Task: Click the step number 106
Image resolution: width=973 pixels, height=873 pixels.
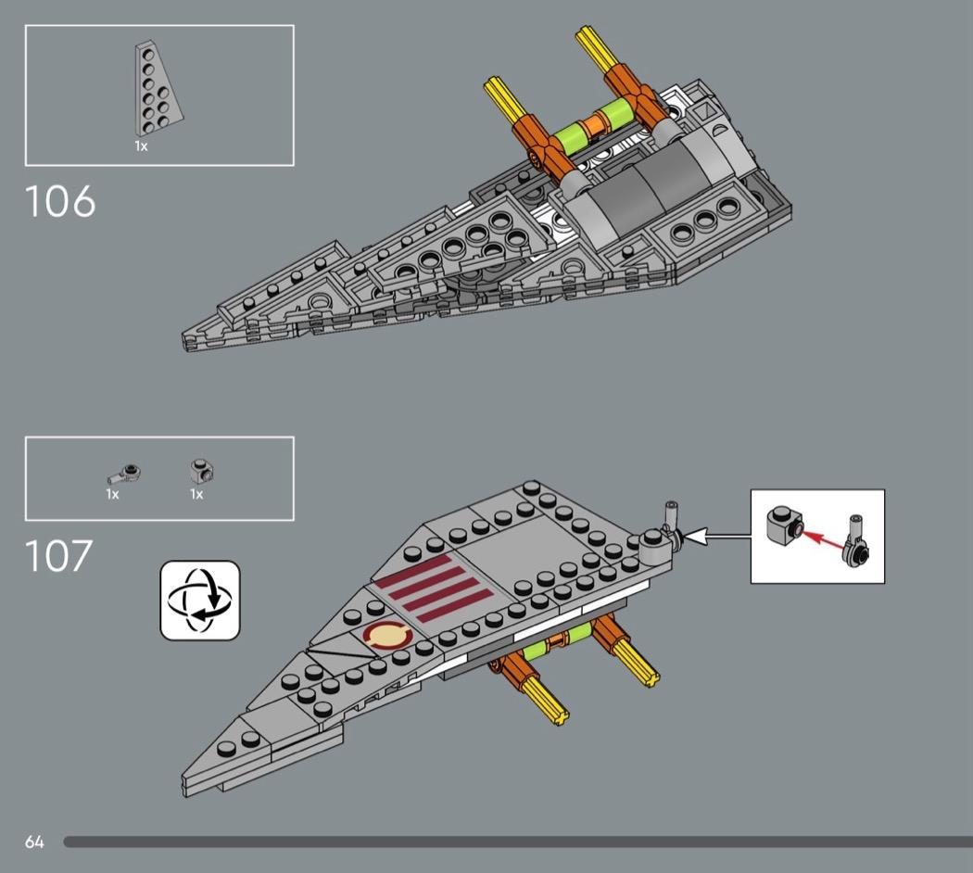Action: [x=60, y=201]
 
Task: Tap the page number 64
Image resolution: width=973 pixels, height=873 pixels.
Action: [x=34, y=842]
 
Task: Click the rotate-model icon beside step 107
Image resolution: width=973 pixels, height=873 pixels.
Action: [x=200, y=600]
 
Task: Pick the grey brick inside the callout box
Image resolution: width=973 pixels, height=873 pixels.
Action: [x=784, y=527]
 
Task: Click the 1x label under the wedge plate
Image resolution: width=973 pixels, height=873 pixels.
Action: [x=141, y=146]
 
